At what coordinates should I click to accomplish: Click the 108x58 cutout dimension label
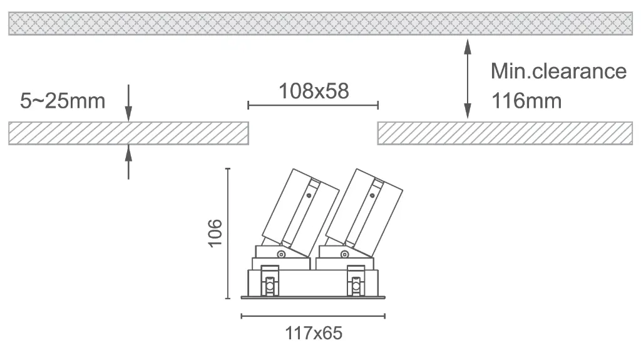tap(314, 91)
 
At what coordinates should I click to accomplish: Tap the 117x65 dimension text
tap(314, 333)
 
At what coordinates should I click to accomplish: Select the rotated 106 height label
tap(215, 233)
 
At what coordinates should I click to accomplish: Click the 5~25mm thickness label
tap(63, 101)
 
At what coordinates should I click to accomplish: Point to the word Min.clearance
tap(558, 71)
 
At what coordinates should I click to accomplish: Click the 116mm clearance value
tap(526, 101)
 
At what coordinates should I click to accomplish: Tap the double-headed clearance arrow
tap(468, 79)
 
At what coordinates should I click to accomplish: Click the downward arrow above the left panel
tap(128, 103)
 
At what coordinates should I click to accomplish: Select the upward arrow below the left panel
tap(128, 162)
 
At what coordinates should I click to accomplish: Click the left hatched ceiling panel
tap(128, 133)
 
